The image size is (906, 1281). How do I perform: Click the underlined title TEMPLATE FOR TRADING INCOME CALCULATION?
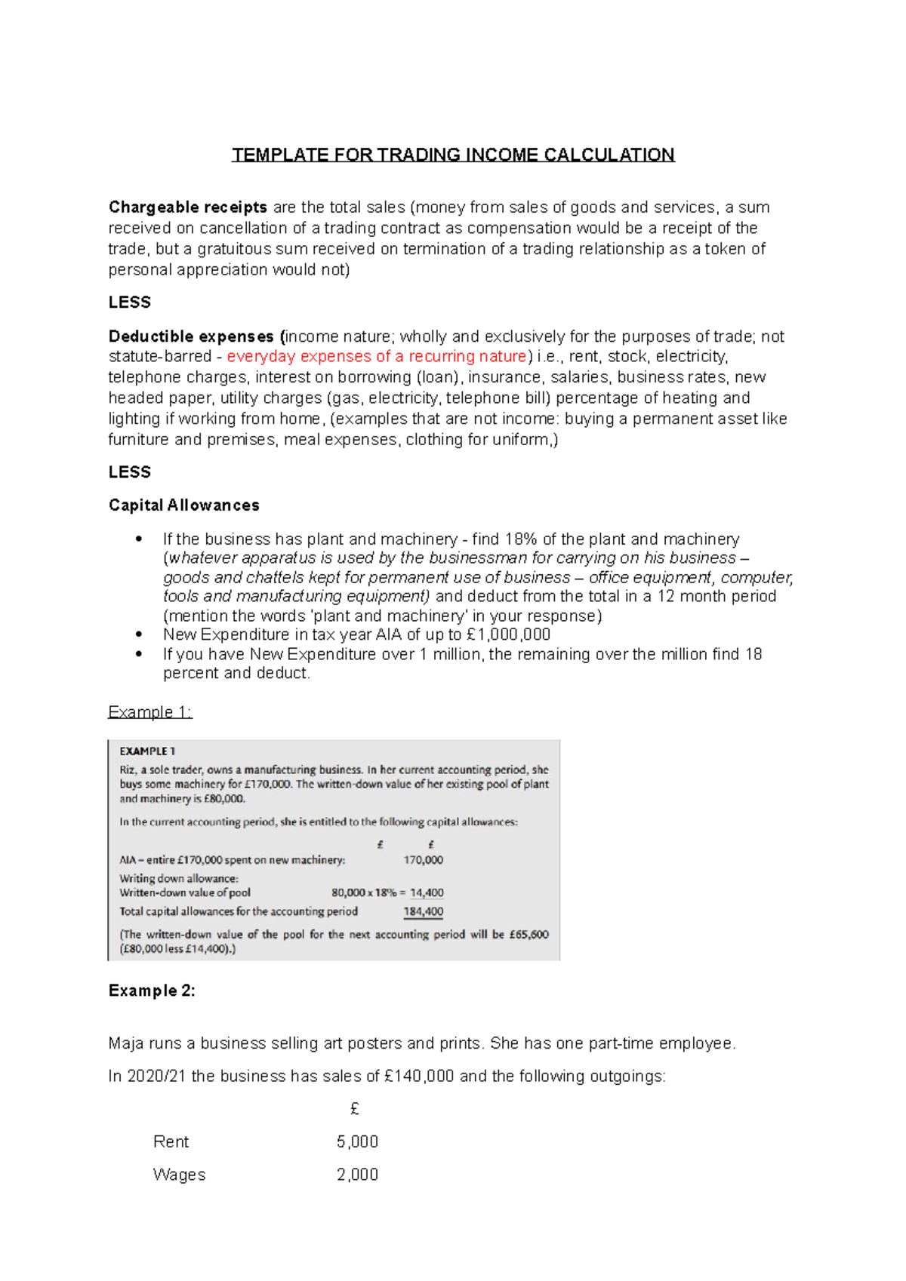coord(453,155)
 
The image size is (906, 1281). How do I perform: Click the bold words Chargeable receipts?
coord(187,207)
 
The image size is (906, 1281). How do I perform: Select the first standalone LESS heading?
coord(130,302)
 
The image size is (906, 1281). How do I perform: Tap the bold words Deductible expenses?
coord(191,336)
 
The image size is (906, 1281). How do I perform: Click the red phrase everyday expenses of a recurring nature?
coord(376,356)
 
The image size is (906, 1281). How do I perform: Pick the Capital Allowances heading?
coord(183,505)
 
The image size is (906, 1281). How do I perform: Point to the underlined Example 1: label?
coord(150,711)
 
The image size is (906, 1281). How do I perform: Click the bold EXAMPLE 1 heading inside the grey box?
coord(147,751)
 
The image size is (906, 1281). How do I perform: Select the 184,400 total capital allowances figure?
coord(424,911)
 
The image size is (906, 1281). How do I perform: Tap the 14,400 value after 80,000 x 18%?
coord(427,892)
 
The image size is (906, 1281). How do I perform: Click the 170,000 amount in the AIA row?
coord(424,860)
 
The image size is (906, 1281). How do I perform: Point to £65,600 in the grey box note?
coord(529,934)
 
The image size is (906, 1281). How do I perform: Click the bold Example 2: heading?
coord(152,991)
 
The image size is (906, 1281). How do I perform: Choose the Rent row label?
coord(171,1141)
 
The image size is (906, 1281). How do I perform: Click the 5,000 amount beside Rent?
coord(357,1141)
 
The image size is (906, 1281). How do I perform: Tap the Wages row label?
coord(179,1175)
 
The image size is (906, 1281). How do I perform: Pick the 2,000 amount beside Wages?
coord(357,1175)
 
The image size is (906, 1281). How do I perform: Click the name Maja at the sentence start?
coord(126,1043)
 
